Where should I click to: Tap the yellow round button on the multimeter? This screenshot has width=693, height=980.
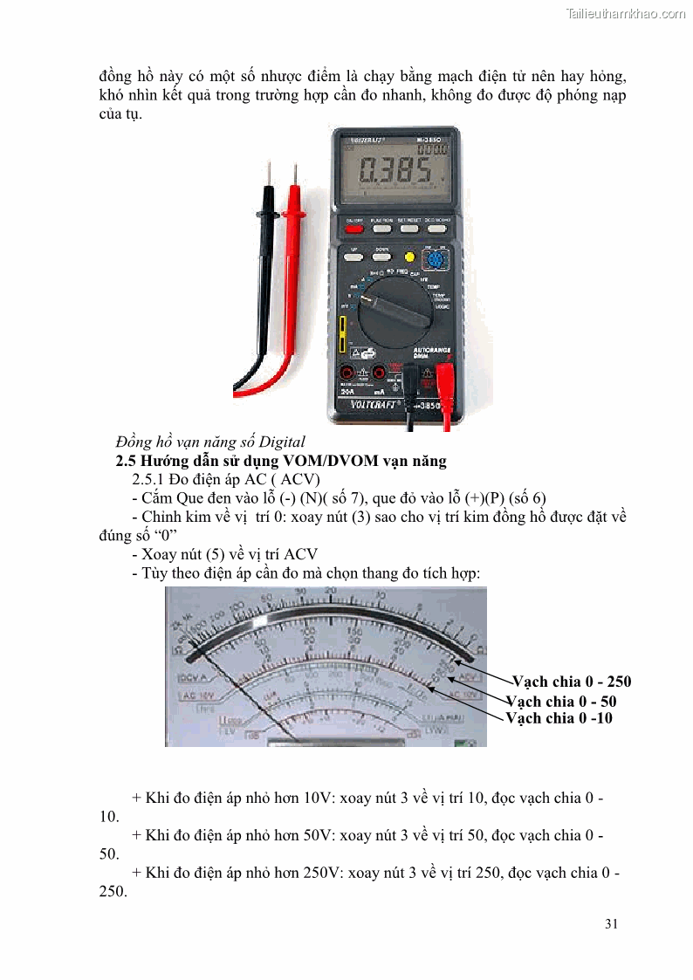[x=408, y=257]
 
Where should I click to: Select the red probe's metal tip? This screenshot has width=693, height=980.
[x=292, y=174]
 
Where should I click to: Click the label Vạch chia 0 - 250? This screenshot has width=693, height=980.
[x=571, y=682]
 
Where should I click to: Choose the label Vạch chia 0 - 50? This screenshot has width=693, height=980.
[x=567, y=701]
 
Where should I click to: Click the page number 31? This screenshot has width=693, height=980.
[x=611, y=923]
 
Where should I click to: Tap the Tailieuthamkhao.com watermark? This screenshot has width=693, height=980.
[x=625, y=13]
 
